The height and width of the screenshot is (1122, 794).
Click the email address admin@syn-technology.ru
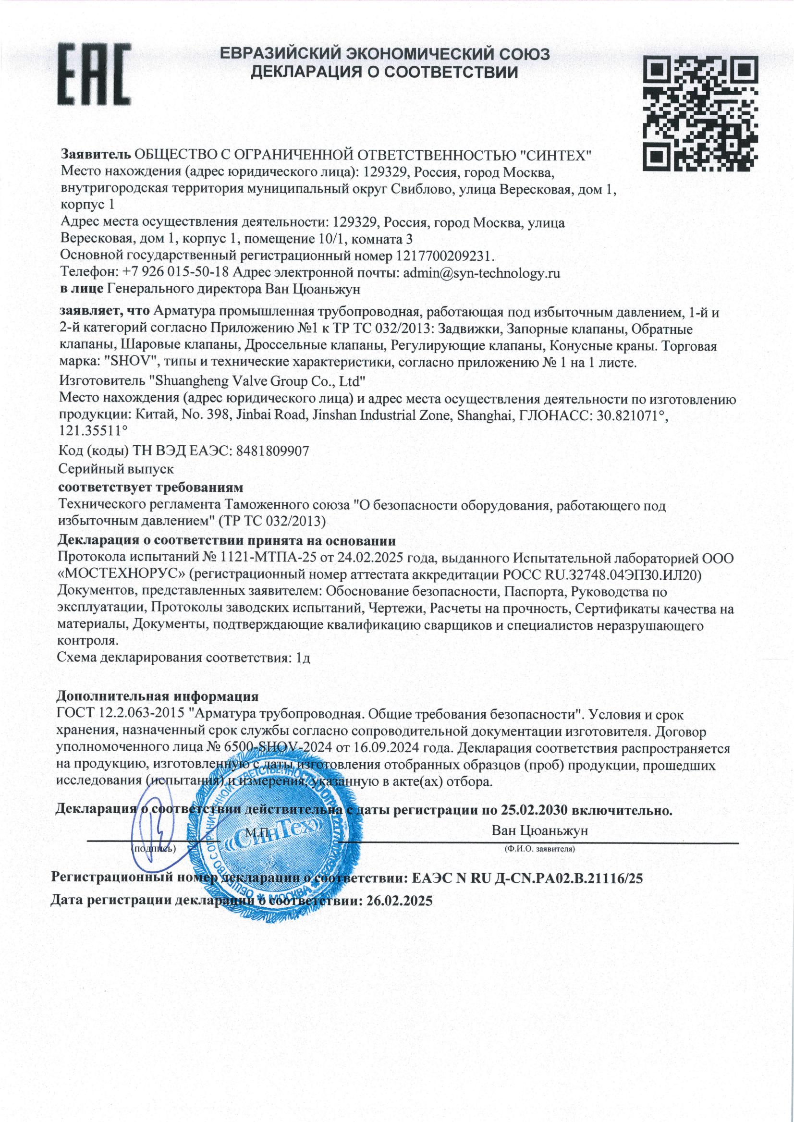coord(481,273)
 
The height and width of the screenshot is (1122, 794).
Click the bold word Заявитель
coord(95,155)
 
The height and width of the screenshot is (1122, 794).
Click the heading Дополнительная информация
coord(158,695)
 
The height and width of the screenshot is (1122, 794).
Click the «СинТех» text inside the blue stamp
coord(274,834)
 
